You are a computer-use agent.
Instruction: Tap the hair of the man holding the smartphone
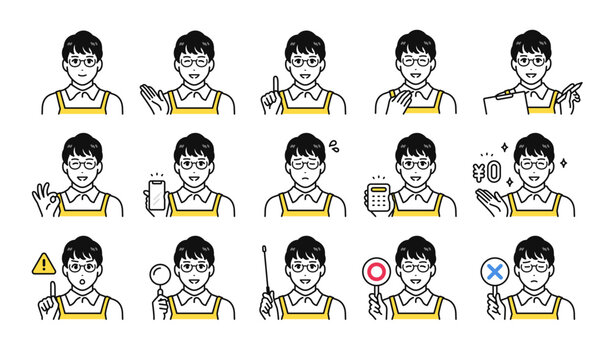(x=194, y=144)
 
